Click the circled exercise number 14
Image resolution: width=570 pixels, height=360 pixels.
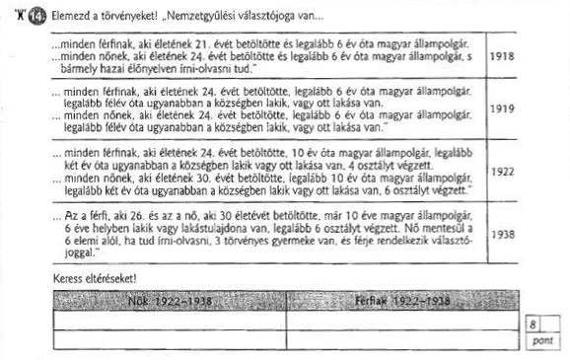click(38, 15)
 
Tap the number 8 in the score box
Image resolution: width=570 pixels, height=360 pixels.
click(533, 324)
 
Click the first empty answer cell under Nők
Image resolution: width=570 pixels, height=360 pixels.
click(169, 321)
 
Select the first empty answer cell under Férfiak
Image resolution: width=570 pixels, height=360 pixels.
click(403, 321)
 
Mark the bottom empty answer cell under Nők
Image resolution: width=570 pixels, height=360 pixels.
click(169, 339)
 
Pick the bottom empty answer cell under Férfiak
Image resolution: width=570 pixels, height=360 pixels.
click(403, 339)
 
